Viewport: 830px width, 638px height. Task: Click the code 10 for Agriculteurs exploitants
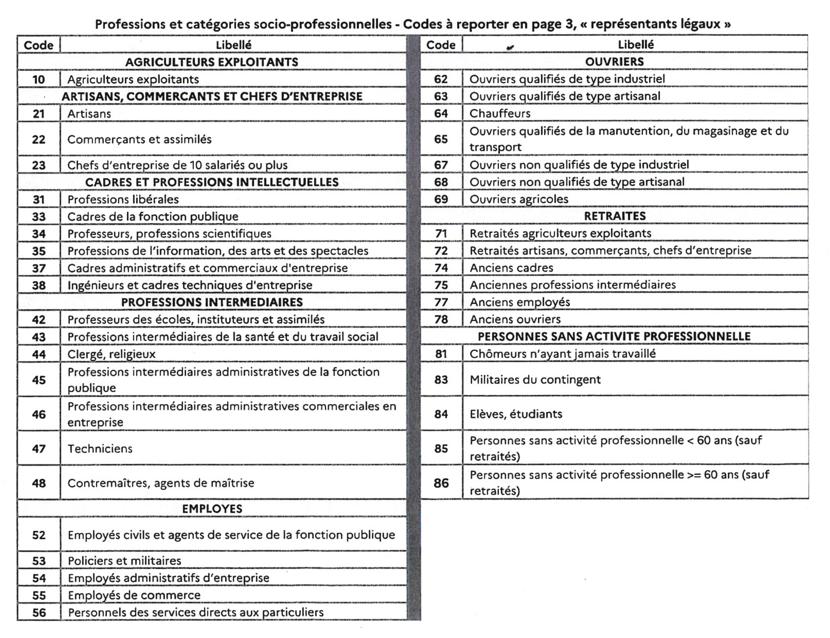(39, 79)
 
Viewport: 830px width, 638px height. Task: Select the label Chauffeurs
(500, 114)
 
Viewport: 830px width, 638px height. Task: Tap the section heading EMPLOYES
(212, 509)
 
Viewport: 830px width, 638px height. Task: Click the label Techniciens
(100, 449)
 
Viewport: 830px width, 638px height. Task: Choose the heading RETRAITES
(614, 216)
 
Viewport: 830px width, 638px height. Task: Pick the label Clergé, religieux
(111, 354)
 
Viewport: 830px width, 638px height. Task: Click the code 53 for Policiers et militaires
(39, 560)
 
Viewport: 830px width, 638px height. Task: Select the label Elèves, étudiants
(516, 414)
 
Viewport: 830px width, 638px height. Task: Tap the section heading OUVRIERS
(614, 61)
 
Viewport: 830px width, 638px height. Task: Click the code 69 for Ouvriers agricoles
(441, 199)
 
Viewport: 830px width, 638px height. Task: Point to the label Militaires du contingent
(535, 379)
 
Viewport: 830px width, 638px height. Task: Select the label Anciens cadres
(511, 268)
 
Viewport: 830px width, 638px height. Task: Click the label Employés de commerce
(134, 595)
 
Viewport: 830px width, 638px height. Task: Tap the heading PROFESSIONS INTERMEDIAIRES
(212, 302)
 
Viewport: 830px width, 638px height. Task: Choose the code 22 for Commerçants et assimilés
(39, 139)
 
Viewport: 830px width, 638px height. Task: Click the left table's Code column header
(38, 45)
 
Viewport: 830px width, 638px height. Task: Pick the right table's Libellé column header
(636, 44)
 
